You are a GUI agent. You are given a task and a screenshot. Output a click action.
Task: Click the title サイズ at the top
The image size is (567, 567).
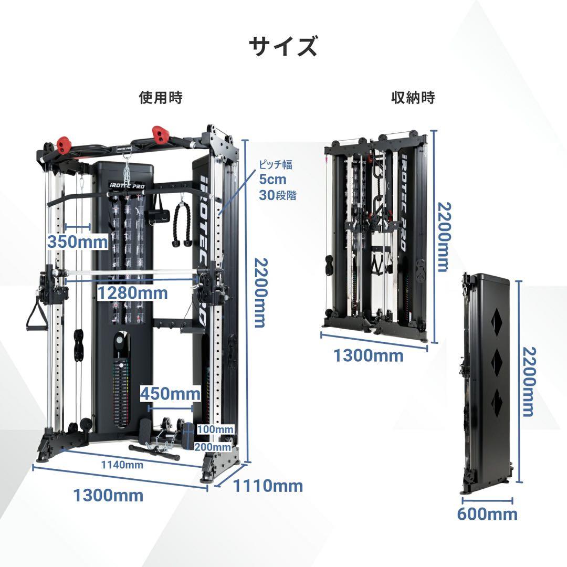click(x=283, y=47)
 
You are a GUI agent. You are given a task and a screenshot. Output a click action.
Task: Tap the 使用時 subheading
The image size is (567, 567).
click(x=161, y=97)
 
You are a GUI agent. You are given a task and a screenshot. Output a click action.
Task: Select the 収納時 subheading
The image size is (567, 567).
click(x=413, y=97)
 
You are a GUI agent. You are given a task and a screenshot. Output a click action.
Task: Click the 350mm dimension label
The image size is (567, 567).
click(x=77, y=241)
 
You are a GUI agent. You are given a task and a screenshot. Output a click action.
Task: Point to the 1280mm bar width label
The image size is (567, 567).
click(x=133, y=293)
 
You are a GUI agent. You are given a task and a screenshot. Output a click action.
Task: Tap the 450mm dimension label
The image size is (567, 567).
click(x=170, y=393)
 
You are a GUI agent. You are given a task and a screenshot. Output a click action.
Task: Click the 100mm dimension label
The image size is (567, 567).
click(x=215, y=429)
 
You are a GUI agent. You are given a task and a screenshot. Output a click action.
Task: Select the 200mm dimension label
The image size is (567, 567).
click(x=213, y=447)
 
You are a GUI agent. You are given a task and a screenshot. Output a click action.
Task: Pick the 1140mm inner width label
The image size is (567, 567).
click(x=122, y=465)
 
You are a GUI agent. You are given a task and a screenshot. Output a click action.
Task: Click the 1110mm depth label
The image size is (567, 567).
click(x=268, y=486)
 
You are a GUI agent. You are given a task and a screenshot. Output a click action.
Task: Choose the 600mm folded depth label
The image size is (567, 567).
click(x=487, y=514)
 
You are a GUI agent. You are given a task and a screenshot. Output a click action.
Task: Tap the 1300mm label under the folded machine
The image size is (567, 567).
click(x=367, y=355)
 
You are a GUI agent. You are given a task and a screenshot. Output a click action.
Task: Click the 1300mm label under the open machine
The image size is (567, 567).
click(x=108, y=495)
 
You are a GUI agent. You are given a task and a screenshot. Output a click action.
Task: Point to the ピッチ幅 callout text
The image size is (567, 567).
click(x=276, y=164)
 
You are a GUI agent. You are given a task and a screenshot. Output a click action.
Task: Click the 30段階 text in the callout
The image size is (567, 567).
click(x=277, y=195)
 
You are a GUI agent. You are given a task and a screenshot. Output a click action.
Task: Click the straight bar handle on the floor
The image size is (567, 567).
click(x=154, y=453)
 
